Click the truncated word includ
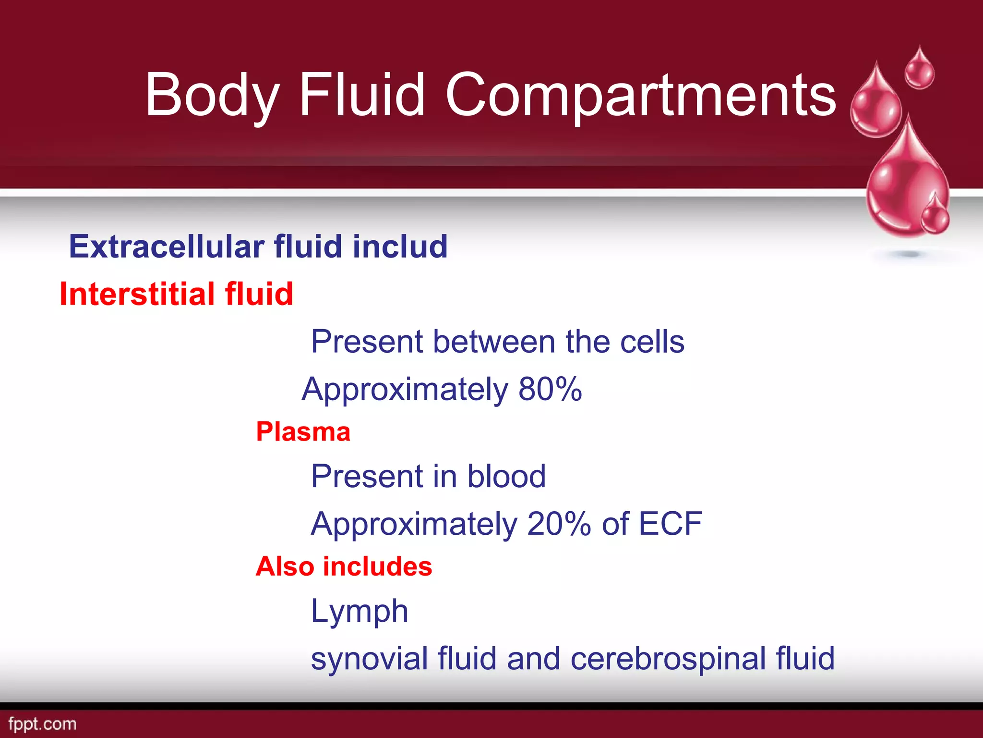tap(400, 246)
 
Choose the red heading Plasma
tap(303, 431)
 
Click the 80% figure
tap(550, 389)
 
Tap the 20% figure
tap(559, 523)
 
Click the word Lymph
tap(360, 611)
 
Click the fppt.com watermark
tap(42, 724)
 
